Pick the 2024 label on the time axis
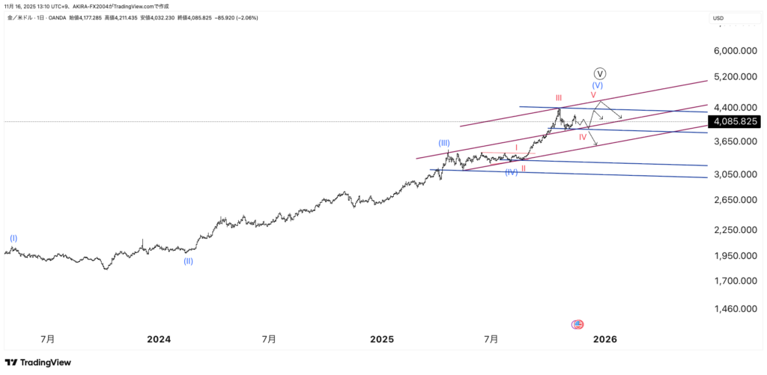tap(158, 339)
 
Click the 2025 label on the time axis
tap(381, 339)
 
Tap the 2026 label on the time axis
tap(604, 339)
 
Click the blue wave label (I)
tap(13, 238)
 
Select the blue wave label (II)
tap(188, 261)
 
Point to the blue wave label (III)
tap(445, 142)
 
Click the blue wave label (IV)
tap(511, 172)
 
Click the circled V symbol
tap(600, 73)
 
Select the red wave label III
tap(559, 98)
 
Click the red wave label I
tap(516, 147)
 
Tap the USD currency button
tap(718, 18)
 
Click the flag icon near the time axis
tap(577, 324)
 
